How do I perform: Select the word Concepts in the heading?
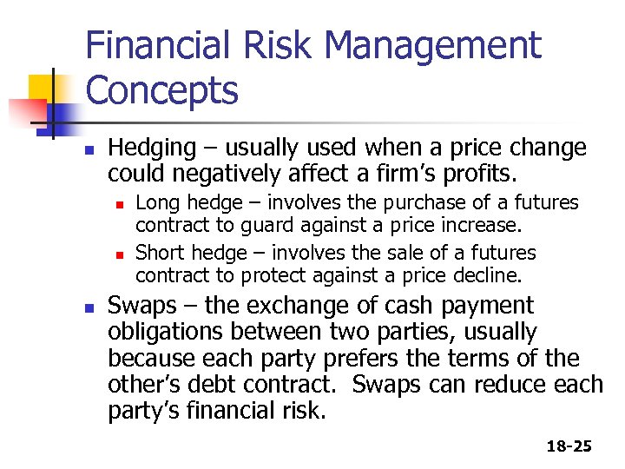(x=162, y=89)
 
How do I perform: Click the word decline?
(x=493, y=276)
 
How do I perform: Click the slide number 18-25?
(x=569, y=446)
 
